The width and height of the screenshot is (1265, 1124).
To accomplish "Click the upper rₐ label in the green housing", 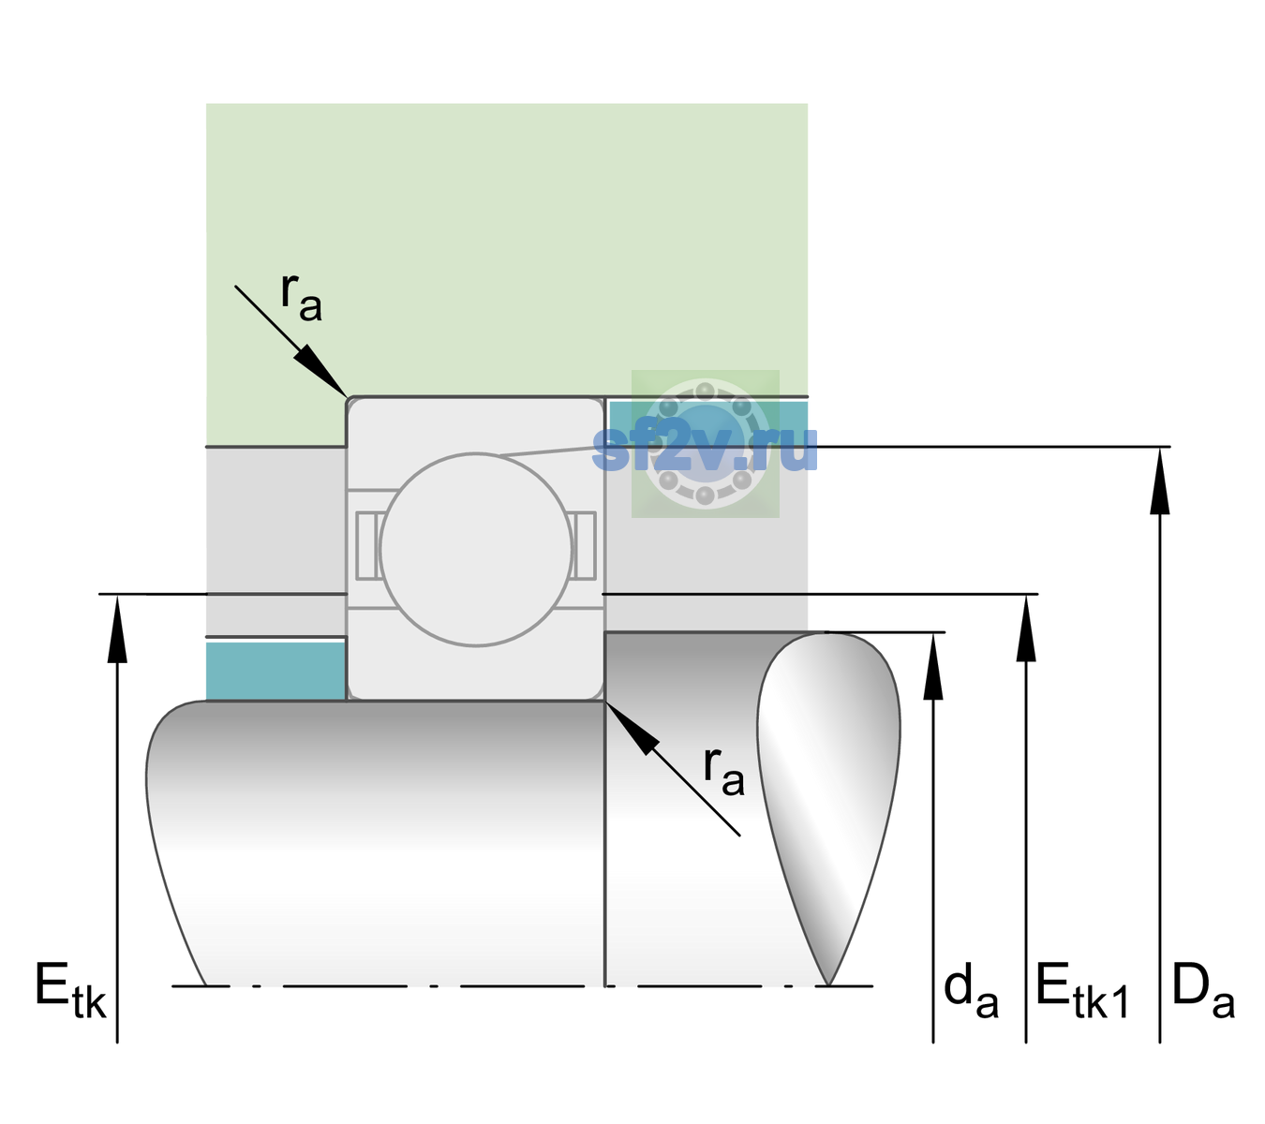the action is [x=301, y=297].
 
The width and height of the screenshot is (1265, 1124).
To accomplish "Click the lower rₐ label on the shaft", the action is [x=723, y=772].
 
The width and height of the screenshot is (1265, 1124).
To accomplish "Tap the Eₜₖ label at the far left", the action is [x=70, y=990].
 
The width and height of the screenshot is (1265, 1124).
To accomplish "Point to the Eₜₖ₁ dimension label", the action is [x=1082, y=991].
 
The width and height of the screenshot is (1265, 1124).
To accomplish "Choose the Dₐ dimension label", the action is [x=1203, y=991].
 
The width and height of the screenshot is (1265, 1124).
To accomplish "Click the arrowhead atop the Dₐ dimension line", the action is [x=1159, y=481].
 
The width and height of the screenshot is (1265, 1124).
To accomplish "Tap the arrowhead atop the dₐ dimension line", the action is [x=933, y=666].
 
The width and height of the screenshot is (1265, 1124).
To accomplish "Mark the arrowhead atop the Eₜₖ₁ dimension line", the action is [x=1026, y=628].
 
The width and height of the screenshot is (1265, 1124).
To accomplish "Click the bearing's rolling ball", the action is [x=476, y=549].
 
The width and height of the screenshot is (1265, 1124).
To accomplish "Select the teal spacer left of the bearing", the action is [x=275, y=671].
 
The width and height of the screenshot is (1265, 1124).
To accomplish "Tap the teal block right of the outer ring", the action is [x=708, y=423].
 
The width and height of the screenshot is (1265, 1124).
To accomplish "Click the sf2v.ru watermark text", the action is [x=705, y=447].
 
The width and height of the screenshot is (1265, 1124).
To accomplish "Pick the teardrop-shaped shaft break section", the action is [x=828, y=809].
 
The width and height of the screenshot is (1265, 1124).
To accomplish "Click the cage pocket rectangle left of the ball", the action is [x=368, y=545].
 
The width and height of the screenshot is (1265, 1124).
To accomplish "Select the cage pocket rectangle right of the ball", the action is [x=584, y=545].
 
